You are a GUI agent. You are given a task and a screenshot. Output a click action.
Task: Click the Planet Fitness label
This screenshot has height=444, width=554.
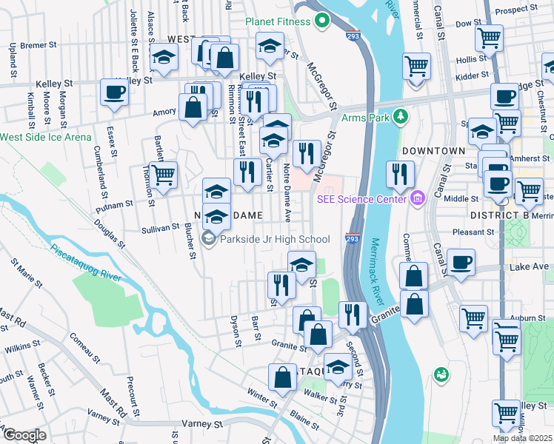278,21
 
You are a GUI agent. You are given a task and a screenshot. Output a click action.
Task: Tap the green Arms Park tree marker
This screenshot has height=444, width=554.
401,116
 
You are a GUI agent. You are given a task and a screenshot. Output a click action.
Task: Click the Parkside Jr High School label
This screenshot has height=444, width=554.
275,239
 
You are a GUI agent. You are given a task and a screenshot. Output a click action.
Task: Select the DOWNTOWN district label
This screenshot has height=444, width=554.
433,151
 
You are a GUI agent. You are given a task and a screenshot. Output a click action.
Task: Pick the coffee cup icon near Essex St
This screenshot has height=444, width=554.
115,92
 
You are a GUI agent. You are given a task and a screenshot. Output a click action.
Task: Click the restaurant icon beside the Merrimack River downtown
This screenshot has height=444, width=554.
400,175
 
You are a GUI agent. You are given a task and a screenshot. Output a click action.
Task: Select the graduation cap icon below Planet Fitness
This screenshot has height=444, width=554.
270,45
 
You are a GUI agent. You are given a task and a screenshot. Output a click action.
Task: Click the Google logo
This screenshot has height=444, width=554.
24,435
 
